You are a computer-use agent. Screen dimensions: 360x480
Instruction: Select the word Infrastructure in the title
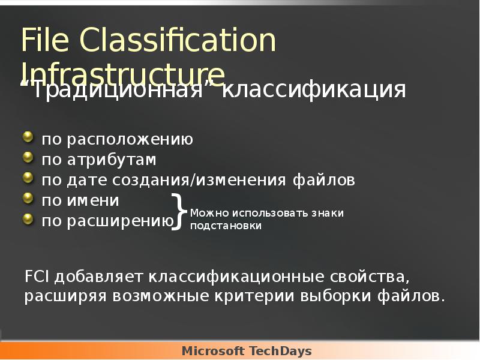(123, 73)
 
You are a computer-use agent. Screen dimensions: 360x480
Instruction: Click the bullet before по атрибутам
(28, 158)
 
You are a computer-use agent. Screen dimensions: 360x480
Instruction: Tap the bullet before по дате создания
(28, 178)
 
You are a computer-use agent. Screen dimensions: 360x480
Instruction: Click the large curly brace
(179, 212)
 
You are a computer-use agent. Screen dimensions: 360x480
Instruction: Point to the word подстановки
(226, 226)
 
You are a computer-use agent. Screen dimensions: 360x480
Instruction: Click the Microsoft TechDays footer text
(247, 351)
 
